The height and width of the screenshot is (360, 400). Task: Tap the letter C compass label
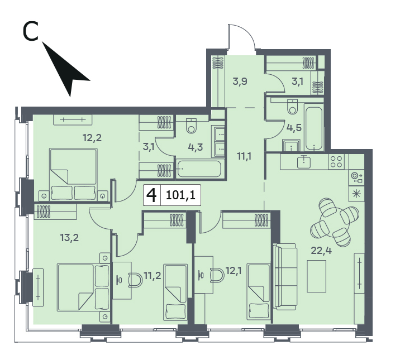pyautogui.click(x=31, y=32)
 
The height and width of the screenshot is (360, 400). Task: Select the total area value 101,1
pyautogui.click(x=180, y=195)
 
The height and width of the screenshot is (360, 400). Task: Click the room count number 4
pyautogui.click(x=151, y=195)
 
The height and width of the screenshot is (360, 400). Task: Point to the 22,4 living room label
pyautogui.click(x=321, y=251)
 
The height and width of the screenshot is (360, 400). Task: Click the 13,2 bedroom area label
pyautogui.click(x=69, y=238)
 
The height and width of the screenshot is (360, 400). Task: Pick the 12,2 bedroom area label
pyautogui.click(x=92, y=138)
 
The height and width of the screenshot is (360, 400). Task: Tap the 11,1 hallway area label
pyautogui.click(x=244, y=156)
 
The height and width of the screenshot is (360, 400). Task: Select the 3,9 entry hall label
pyautogui.click(x=240, y=82)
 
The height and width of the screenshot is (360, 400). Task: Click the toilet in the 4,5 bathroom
pyautogui.click(x=292, y=106)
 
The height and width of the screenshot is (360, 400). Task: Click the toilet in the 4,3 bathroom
pyautogui.click(x=191, y=126)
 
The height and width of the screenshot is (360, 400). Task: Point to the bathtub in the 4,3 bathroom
pyautogui.click(x=199, y=169)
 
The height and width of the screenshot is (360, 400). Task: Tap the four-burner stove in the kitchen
pyautogui.click(x=336, y=161)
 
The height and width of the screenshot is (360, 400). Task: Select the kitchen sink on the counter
pyautogui.click(x=304, y=162)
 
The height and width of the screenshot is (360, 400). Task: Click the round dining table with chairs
pyautogui.click(x=335, y=222)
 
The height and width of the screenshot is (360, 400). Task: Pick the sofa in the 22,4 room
pyautogui.click(x=285, y=277)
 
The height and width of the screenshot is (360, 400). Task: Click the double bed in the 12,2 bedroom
pyautogui.click(x=74, y=175)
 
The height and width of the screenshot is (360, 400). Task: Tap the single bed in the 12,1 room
pyautogui.click(x=259, y=292)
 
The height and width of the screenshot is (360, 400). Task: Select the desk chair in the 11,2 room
pyautogui.click(x=135, y=280)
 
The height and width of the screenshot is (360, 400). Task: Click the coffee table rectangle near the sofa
pyautogui.click(x=317, y=276)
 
